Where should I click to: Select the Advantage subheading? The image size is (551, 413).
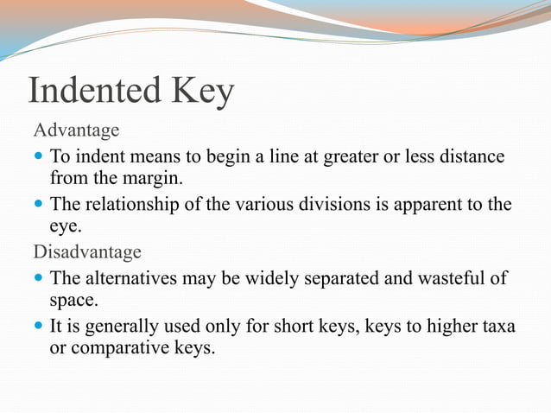click(x=76, y=130)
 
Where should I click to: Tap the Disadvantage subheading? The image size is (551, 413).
click(x=86, y=252)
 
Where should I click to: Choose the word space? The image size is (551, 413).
click(x=72, y=301)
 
